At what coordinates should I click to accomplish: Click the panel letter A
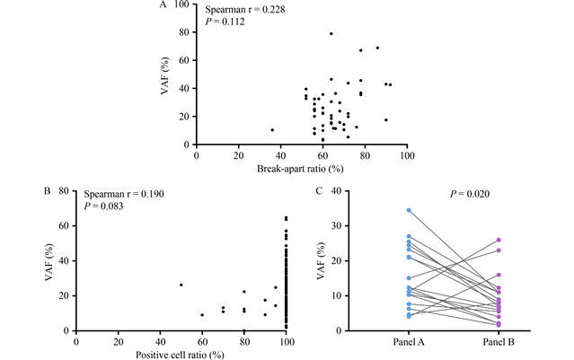(x=163, y=4)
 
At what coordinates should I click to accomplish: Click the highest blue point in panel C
(x=409, y=210)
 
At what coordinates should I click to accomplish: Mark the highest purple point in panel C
(x=498, y=240)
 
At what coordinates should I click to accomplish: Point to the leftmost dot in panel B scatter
(x=181, y=285)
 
